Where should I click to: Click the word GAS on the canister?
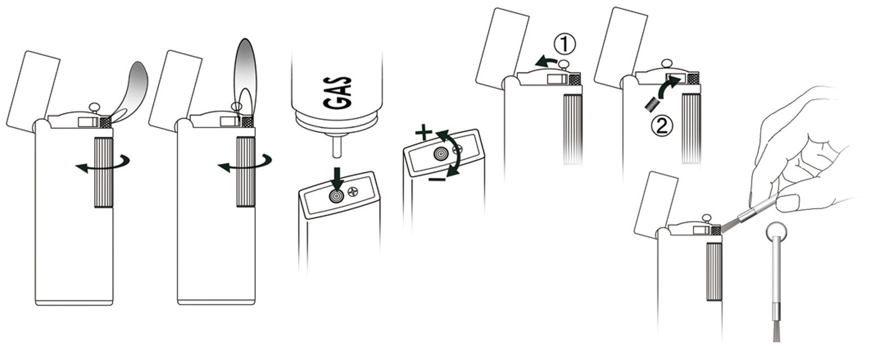pyautogui.click(x=337, y=92)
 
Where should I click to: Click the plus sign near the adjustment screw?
pyautogui.click(x=423, y=133)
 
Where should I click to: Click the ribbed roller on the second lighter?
pyautogui.click(x=246, y=172)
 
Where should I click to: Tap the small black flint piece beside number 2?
pyautogui.click(x=651, y=104)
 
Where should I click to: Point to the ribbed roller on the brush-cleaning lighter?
pyautogui.click(x=714, y=271)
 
